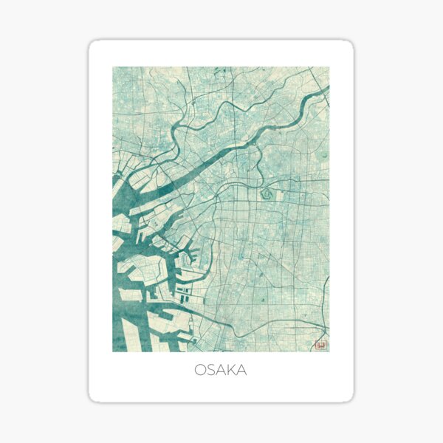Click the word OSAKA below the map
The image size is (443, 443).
[221, 370]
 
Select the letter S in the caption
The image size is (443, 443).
[211, 370]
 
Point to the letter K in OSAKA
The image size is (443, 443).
[231, 370]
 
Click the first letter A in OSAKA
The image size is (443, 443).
[221, 370]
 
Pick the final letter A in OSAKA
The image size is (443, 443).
[241, 370]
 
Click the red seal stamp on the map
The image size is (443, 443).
[320, 343]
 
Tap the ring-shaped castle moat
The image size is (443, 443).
[266, 195]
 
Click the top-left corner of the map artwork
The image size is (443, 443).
[113, 67]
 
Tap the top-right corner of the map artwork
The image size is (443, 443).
[329, 67]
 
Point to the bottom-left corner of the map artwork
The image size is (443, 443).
[113, 351]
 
